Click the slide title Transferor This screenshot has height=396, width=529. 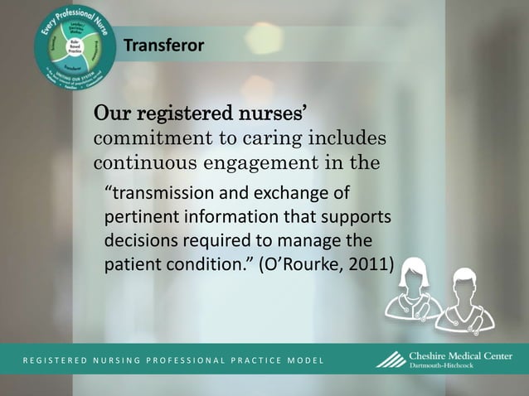click(163, 45)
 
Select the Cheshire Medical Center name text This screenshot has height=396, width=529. click(460, 356)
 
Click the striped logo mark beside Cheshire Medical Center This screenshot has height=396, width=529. click(391, 360)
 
